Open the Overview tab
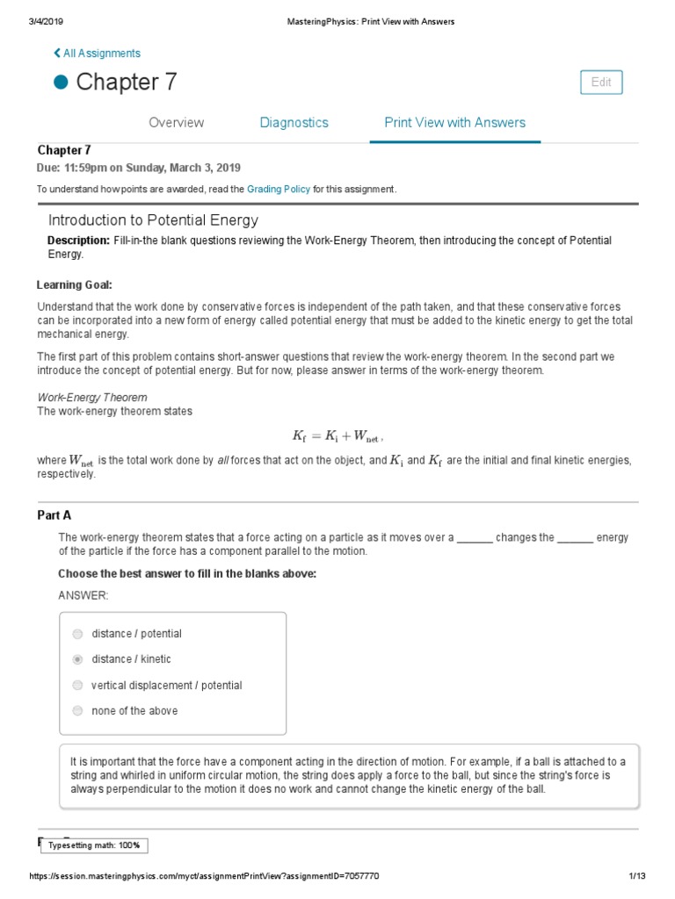(x=176, y=123)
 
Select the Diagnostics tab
(x=294, y=123)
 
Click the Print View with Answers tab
(x=454, y=123)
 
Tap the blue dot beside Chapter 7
(x=61, y=83)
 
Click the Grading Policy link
(x=278, y=190)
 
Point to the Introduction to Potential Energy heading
(x=153, y=220)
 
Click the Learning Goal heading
(x=74, y=285)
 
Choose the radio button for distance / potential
(x=78, y=634)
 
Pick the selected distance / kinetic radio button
(x=78, y=659)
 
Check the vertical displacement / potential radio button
(x=78, y=686)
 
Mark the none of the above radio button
(x=78, y=711)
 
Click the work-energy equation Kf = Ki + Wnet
(x=337, y=436)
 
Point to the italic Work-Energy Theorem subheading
(x=91, y=398)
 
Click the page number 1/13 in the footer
(x=637, y=877)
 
